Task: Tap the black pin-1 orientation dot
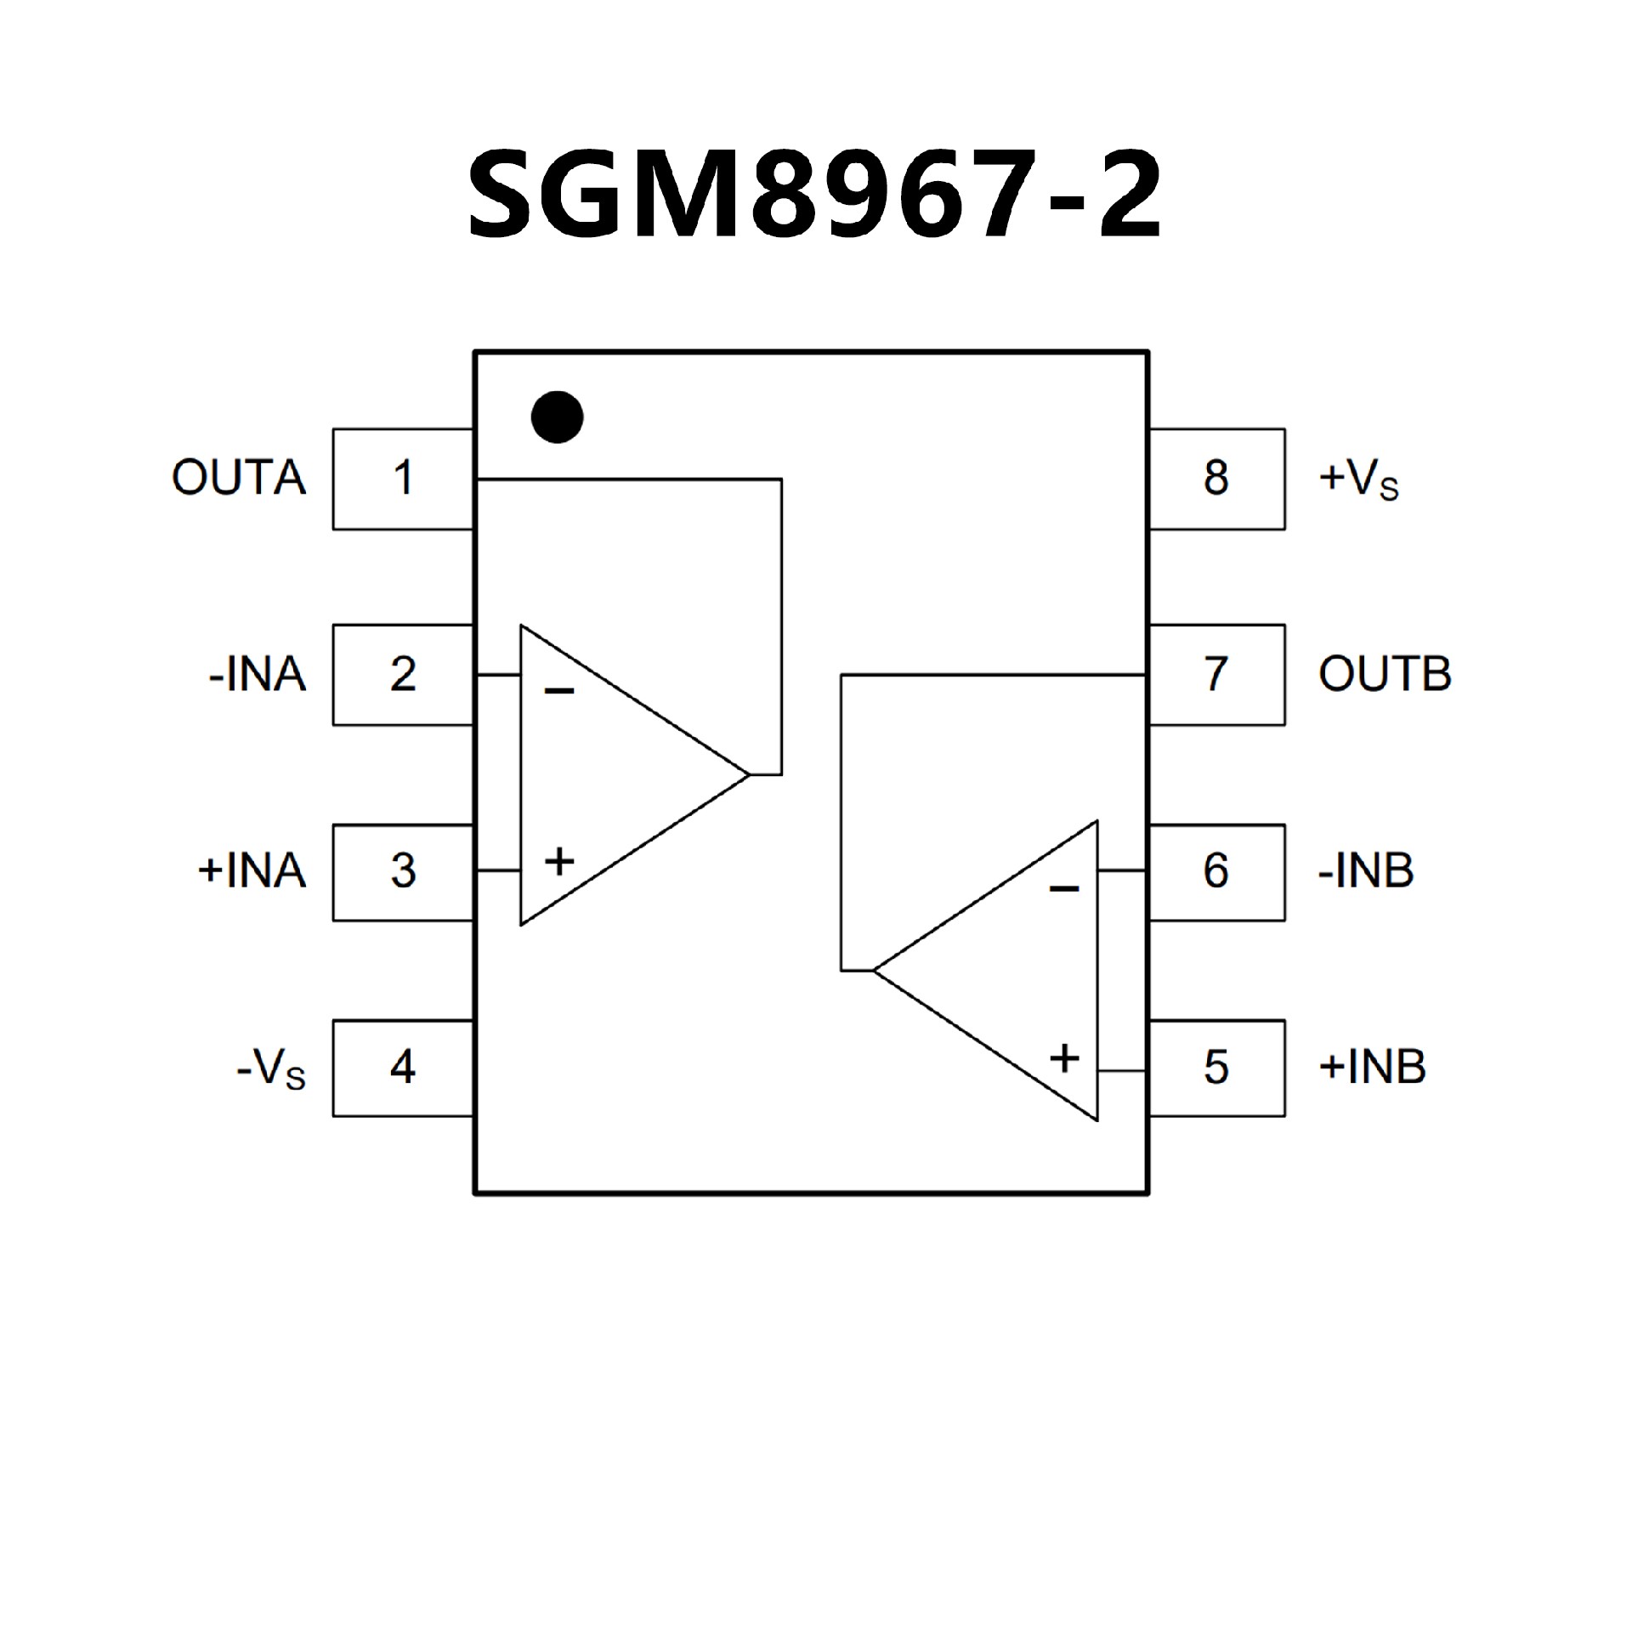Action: coord(557,416)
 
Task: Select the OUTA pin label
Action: coord(239,478)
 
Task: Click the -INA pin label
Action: coord(258,675)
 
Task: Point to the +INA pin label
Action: coord(252,871)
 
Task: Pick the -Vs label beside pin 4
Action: coord(271,1068)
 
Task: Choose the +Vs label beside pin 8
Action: coord(1358,479)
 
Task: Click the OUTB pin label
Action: coord(1385,675)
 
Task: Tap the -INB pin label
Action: coord(1366,871)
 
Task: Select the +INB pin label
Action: coord(1372,1068)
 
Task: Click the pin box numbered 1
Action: coord(403,479)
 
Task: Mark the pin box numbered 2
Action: coord(403,675)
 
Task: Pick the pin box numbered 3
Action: coord(403,872)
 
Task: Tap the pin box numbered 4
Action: coord(403,1068)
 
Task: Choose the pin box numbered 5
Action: coord(1216,1068)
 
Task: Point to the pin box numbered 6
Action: coord(1216,872)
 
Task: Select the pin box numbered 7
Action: coord(1216,675)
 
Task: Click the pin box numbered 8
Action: coord(1216,479)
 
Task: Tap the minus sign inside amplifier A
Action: coord(559,691)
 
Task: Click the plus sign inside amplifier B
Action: coord(1064,1058)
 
